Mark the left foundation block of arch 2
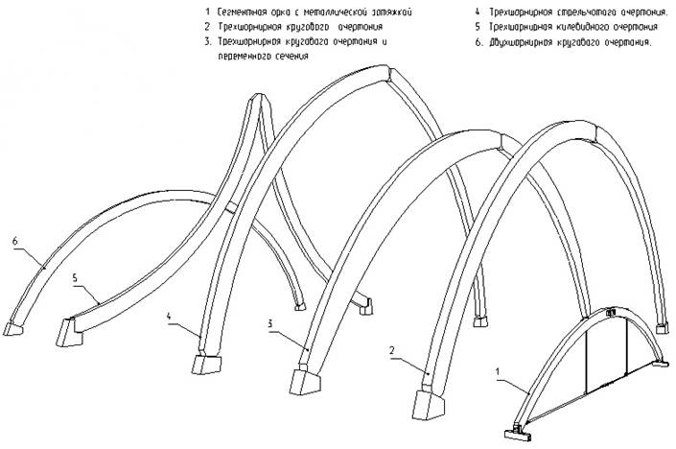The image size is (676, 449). pyautogui.click(x=425, y=399)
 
